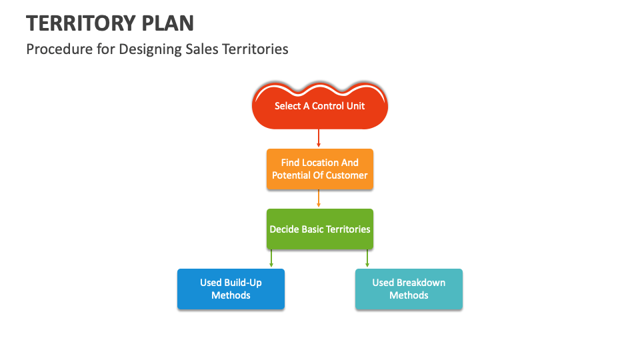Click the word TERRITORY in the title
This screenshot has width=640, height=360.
pyautogui.click(x=82, y=23)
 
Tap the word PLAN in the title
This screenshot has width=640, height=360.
pyautogui.click(x=169, y=23)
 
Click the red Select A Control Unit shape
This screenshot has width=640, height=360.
pyautogui.click(x=319, y=106)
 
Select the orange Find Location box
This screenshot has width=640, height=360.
pyautogui.click(x=319, y=169)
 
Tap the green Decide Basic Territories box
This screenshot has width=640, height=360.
pyautogui.click(x=319, y=229)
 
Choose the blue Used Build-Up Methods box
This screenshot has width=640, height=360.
pyautogui.click(x=231, y=289)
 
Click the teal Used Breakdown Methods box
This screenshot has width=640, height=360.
pyautogui.click(x=408, y=289)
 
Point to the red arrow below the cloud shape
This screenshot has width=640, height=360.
pyautogui.click(x=319, y=137)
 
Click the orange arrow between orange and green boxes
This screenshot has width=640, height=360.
pyautogui.click(x=319, y=198)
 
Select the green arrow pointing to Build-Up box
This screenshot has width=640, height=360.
pyautogui.click(x=271, y=258)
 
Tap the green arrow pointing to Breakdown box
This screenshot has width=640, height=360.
pyautogui.click(x=367, y=258)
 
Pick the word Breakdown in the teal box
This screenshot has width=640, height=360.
pyautogui.click(x=421, y=283)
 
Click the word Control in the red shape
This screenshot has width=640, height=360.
pyautogui.click(x=327, y=106)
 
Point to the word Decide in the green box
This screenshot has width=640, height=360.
pyautogui.click(x=284, y=229)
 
